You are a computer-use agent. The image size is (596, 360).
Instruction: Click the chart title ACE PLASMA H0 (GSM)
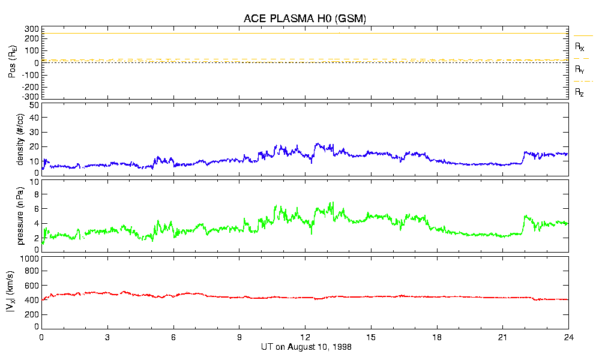tap(304, 19)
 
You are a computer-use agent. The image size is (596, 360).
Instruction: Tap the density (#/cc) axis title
tap(20, 139)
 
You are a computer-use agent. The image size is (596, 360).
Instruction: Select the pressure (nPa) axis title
tap(20, 215)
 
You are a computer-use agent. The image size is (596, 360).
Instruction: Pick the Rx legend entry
tap(580, 46)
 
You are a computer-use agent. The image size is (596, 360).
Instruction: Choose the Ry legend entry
tap(580, 70)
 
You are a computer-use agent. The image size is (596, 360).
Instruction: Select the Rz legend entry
tap(580, 92)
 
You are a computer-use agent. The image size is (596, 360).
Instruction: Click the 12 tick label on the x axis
tap(306, 337)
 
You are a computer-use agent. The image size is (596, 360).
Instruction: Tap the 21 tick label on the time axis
tap(503, 337)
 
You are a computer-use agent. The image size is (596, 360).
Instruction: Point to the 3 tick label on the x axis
tap(107, 337)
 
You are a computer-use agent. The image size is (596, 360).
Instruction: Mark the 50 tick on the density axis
tap(34, 105)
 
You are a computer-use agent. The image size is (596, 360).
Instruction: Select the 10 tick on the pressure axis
tap(34, 181)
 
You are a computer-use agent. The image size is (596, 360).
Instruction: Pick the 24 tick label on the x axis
tap(568, 337)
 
